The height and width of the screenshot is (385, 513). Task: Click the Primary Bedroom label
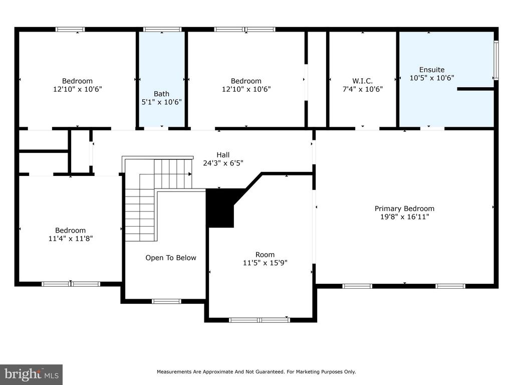click(x=404, y=209)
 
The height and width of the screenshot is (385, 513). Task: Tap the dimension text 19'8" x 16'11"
click(x=404, y=217)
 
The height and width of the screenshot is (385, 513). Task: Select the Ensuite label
click(x=432, y=70)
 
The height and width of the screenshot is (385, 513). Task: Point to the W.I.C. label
click(x=363, y=81)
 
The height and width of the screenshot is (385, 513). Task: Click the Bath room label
click(x=162, y=94)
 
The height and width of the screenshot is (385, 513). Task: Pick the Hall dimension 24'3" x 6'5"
click(x=223, y=163)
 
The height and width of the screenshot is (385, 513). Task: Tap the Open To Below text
click(x=171, y=258)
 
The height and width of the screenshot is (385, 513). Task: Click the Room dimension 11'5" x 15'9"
click(x=265, y=263)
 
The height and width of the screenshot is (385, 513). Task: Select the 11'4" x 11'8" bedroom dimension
click(x=71, y=239)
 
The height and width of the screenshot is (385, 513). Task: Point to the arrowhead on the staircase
click(x=190, y=174)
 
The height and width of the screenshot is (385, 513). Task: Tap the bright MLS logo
click(x=32, y=374)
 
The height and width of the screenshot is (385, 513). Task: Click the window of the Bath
click(x=162, y=30)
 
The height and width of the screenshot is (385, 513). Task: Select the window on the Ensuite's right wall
click(x=496, y=60)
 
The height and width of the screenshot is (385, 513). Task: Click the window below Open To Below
click(x=166, y=301)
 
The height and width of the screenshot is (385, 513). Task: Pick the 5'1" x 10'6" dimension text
click(x=162, y=102)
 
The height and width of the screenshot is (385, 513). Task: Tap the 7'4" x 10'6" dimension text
click(x=363, y=89)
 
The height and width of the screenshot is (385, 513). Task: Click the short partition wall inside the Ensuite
click(x=475, y=89)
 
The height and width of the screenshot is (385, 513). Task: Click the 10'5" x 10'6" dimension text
click(x=432, y=78)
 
